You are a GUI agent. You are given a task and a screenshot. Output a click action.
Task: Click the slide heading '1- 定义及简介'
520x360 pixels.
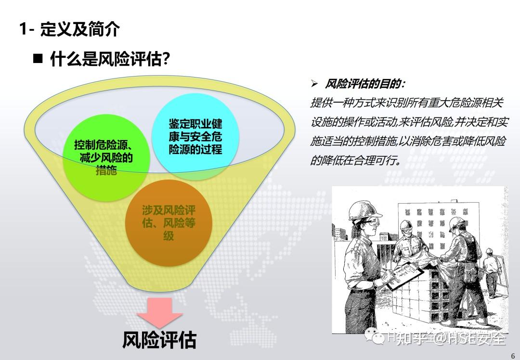click(x=69, y=30)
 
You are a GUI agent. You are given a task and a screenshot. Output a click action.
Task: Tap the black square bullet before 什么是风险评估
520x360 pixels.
click(x=38, y=59)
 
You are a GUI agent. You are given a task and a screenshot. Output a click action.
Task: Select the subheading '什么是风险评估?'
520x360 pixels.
click(x=110, y=60)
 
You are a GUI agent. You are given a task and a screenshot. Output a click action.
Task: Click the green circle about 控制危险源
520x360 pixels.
click(x=104, y=156)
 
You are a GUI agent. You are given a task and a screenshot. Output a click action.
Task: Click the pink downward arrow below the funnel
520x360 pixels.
click(x=160, y=313)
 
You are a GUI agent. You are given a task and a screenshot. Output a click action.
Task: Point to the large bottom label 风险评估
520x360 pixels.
click(x=159, y=340)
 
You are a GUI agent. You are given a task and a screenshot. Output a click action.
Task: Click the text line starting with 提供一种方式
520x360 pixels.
click(x=407, y=103)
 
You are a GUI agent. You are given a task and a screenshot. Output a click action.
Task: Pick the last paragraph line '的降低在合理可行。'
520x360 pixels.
click(x=355, y=160)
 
